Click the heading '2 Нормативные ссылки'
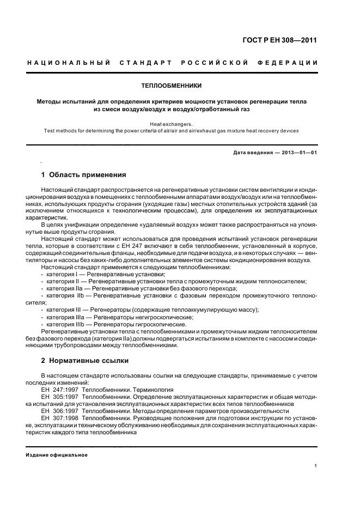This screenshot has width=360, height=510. [84, 361]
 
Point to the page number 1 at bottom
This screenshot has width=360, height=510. [315, 465]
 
